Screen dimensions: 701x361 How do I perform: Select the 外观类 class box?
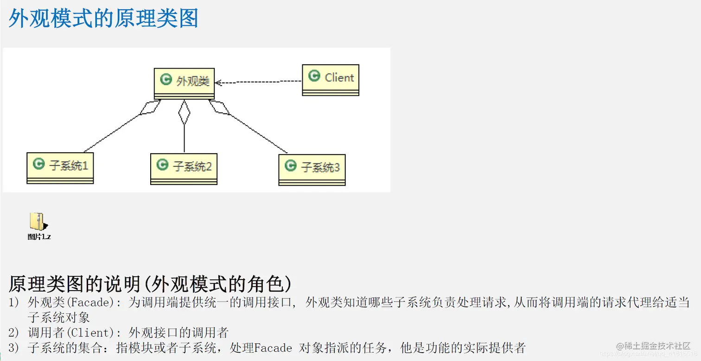[x=184, y=83]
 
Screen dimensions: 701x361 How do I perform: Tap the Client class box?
[x=330, y=79]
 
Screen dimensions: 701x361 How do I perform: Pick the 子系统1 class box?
[x=60, y=168]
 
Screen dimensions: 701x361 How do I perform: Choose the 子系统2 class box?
[x=184, y=168]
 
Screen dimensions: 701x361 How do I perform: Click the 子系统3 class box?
[x=312, y=169]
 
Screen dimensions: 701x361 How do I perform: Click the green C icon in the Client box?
[x=314, y=76]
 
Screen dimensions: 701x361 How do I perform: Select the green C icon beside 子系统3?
[x=291, y=166]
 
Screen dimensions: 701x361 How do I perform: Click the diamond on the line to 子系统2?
[x=185, y=112]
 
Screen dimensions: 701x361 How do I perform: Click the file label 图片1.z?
[x=39, y=237]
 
